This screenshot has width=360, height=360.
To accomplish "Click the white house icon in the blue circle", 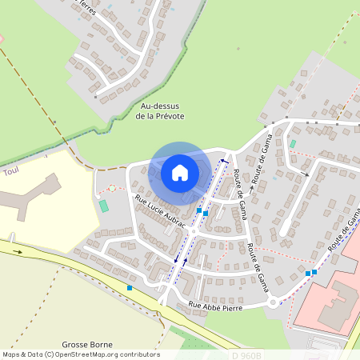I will click(180, 172).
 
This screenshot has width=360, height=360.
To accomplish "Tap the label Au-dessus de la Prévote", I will click(161, 111).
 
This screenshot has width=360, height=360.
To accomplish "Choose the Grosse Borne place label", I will click(86, 328).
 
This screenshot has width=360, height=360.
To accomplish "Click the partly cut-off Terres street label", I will click(87, 9).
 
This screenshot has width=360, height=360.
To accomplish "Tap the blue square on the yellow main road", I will click(129, 288).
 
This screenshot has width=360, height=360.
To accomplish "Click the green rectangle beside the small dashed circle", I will click(103, 206).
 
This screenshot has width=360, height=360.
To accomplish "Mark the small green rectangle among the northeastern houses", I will click(292, 144).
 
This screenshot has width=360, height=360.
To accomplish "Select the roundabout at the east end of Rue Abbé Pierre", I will click(275, 302).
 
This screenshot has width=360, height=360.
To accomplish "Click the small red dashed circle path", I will click(112, 188).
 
